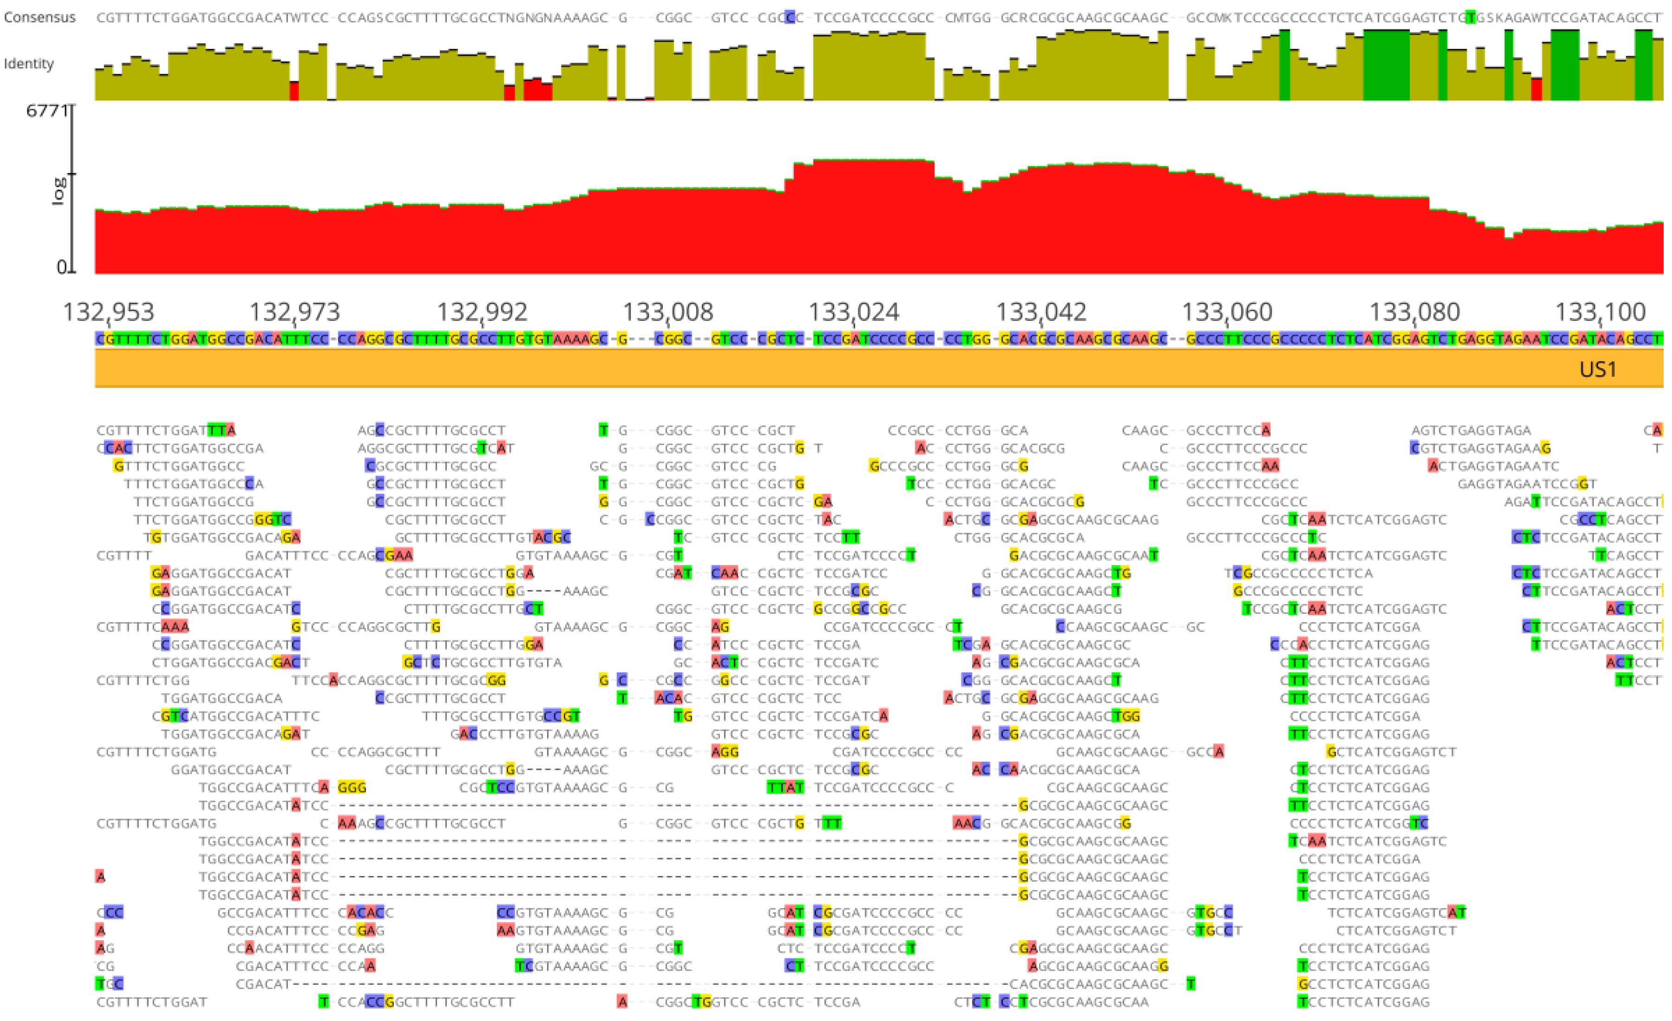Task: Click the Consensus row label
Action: coord(39,17)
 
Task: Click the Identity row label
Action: coord(28,64)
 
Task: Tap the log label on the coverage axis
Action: coord(59,191)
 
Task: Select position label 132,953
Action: coord(109,312)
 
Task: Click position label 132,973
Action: coord(294,312)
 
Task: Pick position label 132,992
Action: coord(482,312)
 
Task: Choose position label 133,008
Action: coord(668,312)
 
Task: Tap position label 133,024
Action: coord(854,312)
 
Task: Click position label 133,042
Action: coord(1041,312)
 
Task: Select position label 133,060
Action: coord(1227,312)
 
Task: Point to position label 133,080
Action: coord(1414,312)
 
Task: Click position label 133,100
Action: coord(1600,312)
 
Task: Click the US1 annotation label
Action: coord(1598,369)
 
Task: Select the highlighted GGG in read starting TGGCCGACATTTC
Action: coord(352,787)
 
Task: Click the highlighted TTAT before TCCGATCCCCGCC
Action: coord(785,787)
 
